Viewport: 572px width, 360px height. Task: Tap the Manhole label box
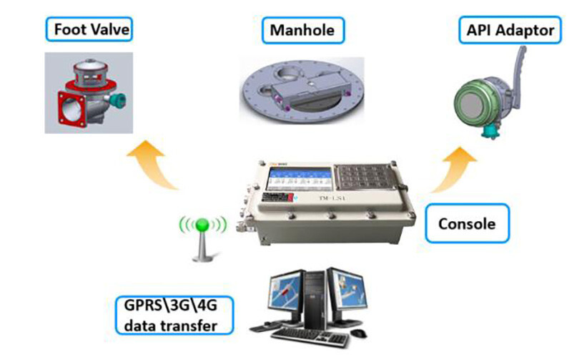[x=302, y=31]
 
